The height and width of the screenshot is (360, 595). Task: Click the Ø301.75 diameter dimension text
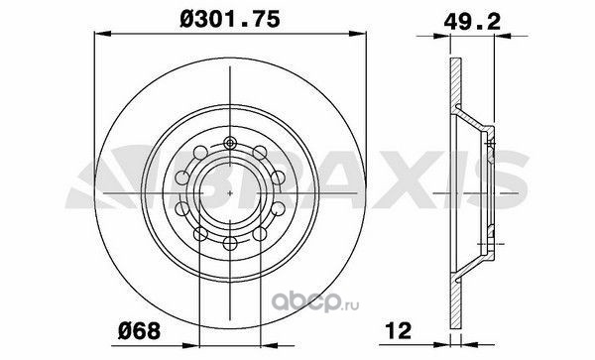coord(230,20)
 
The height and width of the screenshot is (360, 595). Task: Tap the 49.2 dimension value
coord(472,21)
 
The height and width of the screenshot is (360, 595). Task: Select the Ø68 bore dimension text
coord(139,331)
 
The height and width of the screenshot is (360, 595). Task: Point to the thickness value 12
coord(398,330)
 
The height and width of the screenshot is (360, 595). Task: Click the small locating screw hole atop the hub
coord(230,143)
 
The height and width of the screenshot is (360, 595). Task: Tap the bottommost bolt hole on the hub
coord(230,243)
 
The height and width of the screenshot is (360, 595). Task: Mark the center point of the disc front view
coord(230,193)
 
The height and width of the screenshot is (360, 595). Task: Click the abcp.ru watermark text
coord(315,303)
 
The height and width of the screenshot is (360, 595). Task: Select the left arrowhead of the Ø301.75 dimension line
coord(102,34)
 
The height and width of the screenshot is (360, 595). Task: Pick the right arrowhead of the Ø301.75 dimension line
coord(357,34)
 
